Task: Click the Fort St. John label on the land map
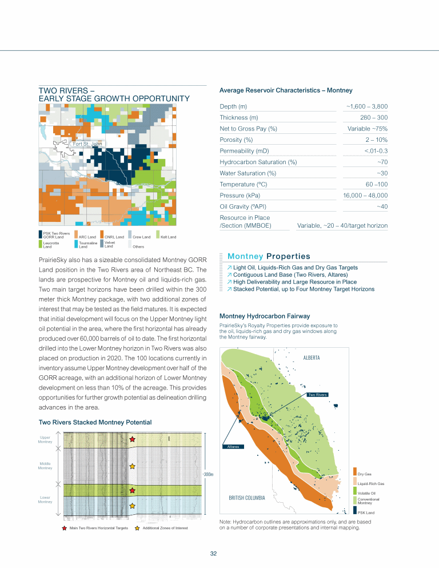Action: click(x=86, y=144)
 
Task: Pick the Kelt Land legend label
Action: click(x=168, y=237)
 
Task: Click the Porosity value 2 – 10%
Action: click(x=376, y=140)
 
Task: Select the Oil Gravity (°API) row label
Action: click(x=242, y=206)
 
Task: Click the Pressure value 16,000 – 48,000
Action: click(x=365, y=196)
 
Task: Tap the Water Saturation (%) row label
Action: click(x=248, y=173)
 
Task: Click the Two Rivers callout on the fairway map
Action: click(x=317, y=395)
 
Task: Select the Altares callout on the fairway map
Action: click(x=233, y=446)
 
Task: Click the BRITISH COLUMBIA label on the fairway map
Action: click(x=247, y=498)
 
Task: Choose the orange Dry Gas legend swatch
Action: click(x=355, y=473)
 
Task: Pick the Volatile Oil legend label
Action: click(x=366, y=493)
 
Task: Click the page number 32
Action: click(x=213, y=554)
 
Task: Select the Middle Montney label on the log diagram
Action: click(x=46, y=466)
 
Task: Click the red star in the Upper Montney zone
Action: click(x=133, y=439)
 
